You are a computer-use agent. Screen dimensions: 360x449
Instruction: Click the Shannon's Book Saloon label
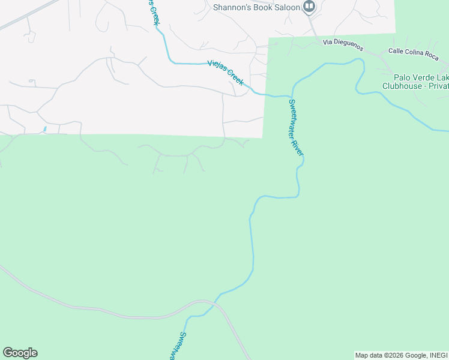[x=257, y=7]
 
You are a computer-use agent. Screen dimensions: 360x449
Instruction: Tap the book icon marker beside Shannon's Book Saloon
[x=309, y=7]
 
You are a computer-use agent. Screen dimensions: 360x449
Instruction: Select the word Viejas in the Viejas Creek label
[x=217, y=67]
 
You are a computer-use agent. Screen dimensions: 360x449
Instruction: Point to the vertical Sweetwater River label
[x=296, y=127]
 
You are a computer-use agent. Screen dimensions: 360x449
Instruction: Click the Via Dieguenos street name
[x=344, y=43]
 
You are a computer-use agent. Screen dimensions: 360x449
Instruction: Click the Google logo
[x=20, y=353]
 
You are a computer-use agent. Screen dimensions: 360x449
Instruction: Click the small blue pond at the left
[x=45, y=129]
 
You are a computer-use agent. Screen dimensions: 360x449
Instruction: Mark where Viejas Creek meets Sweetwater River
[x=290, y=95]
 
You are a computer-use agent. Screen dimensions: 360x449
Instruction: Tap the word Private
[x=436, y=86]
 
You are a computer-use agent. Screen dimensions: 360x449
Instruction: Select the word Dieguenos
[x=349, y=43]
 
